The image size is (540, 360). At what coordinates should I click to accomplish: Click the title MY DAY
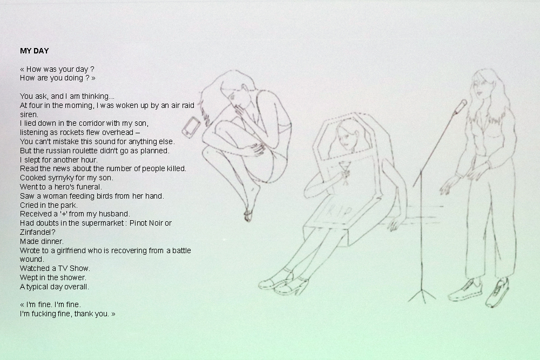[x=35, y=51]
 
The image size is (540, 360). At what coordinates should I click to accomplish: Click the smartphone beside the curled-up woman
[x=192, y=127]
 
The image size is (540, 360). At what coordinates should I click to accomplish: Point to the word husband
[x=118, y=214]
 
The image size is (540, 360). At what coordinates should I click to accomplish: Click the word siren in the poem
[x=29, y=114]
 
